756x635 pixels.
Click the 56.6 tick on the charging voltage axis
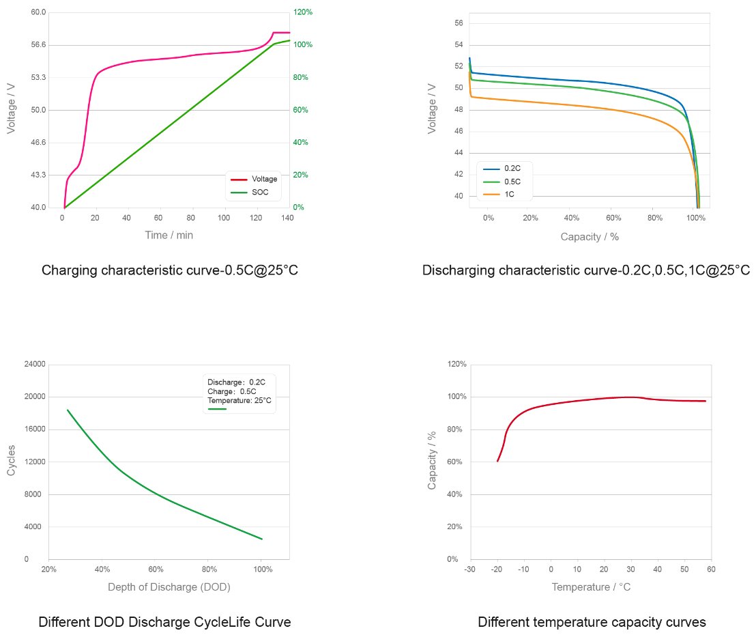[38, 45]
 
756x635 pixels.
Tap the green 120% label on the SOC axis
[303, 12]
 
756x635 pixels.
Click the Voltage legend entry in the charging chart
[264, 179]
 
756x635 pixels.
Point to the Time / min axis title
[169, 235]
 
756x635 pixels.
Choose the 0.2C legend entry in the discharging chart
[512, 168]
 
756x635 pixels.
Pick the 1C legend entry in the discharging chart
[509, 195]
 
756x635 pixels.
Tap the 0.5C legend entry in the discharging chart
[512, 182]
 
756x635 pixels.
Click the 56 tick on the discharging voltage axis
[459, 23]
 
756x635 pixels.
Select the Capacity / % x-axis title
[590, 237]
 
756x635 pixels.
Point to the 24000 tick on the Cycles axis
[35, 365]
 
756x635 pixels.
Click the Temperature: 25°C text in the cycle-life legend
[239, 400]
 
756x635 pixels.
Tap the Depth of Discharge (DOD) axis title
[169, 587]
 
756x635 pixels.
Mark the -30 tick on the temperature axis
[470, 569]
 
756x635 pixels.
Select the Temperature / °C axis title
[591, 587]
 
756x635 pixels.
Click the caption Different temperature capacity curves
[592, 622]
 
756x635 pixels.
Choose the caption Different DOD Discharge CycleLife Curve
[165, 622]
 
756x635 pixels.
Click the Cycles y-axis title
[12, 462]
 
